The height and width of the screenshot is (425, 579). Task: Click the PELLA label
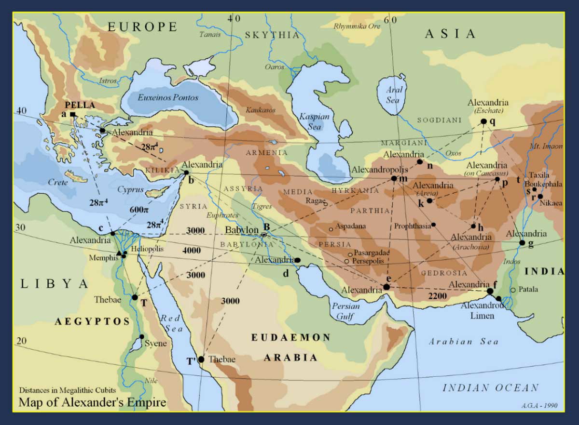[x=80, y=105]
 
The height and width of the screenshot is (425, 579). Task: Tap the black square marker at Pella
[x=72, y=114]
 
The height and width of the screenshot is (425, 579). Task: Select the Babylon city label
[x=243, y=230]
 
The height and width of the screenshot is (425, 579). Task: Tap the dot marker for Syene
[x=142, y=337]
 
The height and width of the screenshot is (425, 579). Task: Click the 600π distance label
[x=140, y=210]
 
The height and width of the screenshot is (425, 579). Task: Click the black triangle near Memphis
[x=119, y=252]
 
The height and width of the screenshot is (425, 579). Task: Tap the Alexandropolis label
[x=379, y=170]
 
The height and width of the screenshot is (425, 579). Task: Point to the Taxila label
[x=538, y=175]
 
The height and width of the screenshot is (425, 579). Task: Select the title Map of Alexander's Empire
[x=92, y=402]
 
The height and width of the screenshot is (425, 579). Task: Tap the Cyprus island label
[x=130, y=190]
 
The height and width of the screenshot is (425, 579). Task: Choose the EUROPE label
[x=142, y=27]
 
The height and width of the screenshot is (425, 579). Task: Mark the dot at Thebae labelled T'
[x=201, y=359]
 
